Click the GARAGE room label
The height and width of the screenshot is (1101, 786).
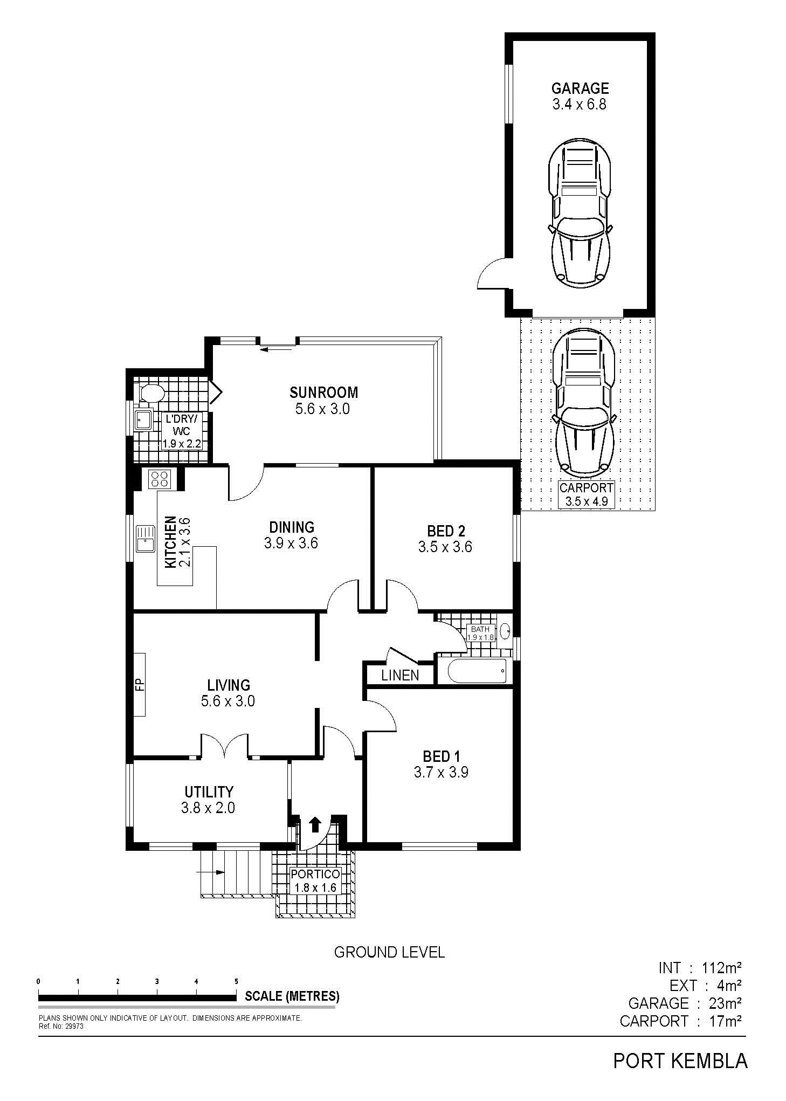pos(580,88)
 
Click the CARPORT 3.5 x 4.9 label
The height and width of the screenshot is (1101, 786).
pos(586,495)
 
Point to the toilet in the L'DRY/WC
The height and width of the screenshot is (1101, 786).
pos(151,393)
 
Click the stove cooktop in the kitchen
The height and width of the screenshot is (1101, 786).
pos(159,479)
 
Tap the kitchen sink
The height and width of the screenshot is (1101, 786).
pos(145,539)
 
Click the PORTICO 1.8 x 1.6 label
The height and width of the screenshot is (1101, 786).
pos(315,880)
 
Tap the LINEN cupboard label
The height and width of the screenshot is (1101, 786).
pos(400,675)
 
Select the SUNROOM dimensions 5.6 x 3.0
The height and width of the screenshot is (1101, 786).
pos(322,409)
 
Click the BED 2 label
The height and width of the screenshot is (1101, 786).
pos(446,531)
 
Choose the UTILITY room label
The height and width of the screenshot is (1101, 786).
pos(209,792)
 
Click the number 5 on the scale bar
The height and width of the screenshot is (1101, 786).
pos(236,981)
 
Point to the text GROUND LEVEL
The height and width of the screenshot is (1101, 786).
pos(389,952)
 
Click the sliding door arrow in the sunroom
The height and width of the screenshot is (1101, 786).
pos(276,349)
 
